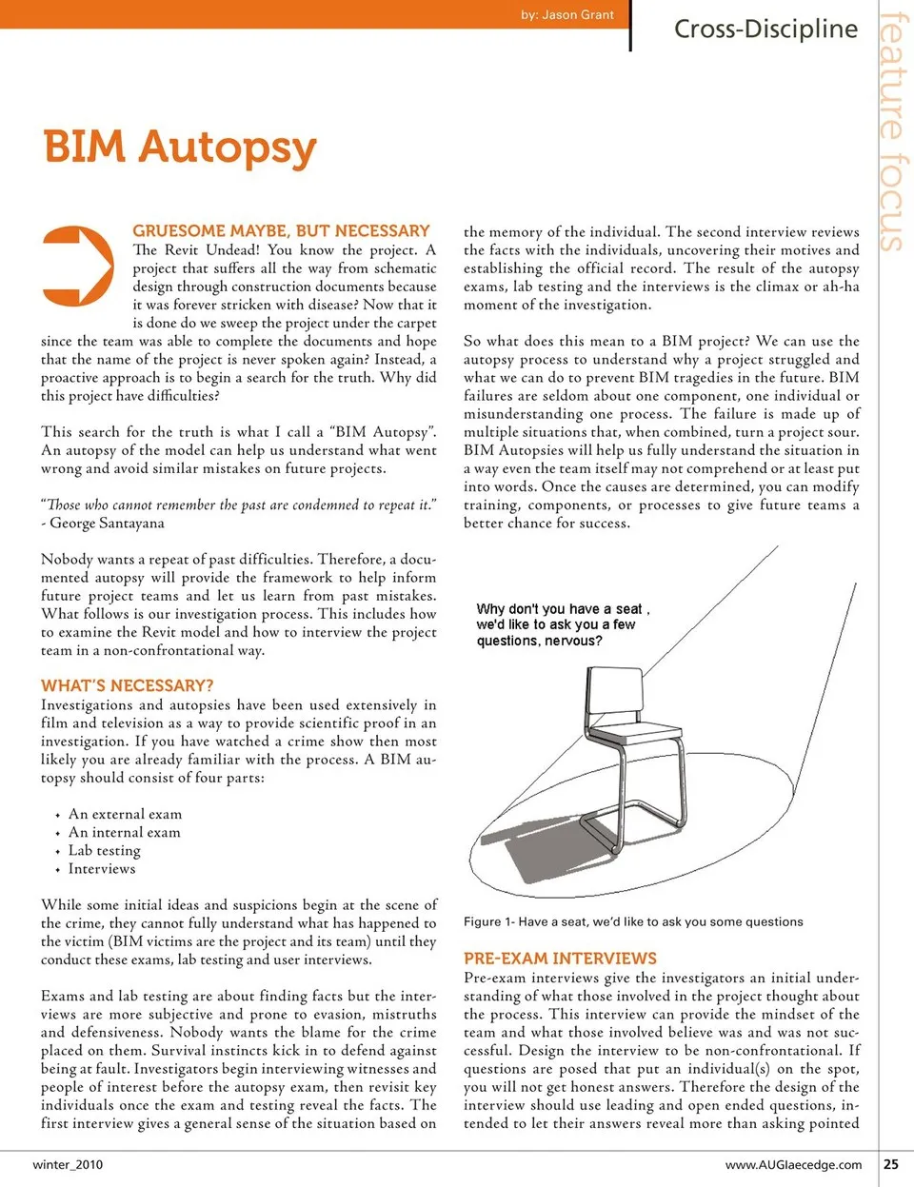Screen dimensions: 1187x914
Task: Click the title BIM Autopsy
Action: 180,148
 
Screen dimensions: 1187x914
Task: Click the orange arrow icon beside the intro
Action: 79,266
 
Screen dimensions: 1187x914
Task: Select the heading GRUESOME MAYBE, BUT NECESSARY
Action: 281,230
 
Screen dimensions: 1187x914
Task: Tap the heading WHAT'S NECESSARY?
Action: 127,685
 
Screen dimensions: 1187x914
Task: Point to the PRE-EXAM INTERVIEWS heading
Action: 560,959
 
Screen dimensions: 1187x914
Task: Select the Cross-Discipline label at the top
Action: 765,29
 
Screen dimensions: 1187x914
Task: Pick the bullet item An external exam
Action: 125,814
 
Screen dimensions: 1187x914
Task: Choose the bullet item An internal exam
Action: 124,832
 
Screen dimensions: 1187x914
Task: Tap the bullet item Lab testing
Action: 104,850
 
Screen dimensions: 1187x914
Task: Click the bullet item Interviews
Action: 102,868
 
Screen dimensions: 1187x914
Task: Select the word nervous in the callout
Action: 570,641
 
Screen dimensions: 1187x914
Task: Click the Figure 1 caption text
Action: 633,921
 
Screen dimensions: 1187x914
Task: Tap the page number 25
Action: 891,1163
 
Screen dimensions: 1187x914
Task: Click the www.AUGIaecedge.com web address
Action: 793,1164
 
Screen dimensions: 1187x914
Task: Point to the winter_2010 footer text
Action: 68,1164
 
